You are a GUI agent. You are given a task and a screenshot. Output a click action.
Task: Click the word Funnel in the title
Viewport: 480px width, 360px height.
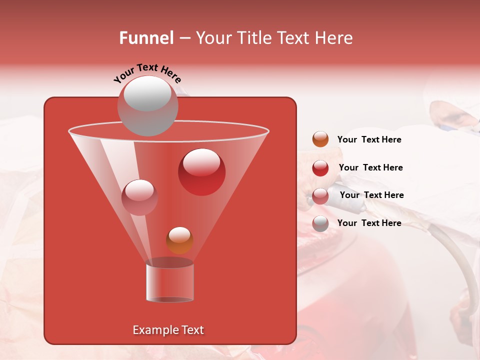point(146,38)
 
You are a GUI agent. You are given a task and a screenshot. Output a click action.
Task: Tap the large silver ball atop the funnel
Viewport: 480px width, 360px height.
point(148,105)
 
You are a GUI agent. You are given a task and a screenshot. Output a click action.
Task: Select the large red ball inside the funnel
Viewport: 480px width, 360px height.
point(201,172)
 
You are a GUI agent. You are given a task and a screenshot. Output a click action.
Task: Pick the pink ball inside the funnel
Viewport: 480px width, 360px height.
point(139,197)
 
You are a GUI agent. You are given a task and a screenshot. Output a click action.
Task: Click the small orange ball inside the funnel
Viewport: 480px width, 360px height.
point(179,240)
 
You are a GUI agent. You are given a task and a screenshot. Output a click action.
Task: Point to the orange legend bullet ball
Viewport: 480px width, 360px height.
point(320,139)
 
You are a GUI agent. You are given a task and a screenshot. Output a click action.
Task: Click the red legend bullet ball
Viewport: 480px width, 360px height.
point(320,167)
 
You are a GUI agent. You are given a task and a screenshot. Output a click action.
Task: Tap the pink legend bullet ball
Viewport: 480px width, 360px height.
point(320,195)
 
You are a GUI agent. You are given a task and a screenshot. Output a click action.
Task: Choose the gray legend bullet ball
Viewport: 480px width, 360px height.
point(320,223)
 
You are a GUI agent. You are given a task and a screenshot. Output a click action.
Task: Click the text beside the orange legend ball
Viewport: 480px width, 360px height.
point(369,140)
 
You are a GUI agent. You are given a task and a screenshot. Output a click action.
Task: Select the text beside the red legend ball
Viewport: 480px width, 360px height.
point(370,168)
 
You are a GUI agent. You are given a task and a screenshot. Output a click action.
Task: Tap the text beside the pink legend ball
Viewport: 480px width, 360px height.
point(371,195)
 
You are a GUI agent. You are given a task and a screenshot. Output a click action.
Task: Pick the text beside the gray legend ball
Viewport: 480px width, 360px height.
point(369,223)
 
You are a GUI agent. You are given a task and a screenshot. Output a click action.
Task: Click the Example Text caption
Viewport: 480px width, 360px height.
point(168,330)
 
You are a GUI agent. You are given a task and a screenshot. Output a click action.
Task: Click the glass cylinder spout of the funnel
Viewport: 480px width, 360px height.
point(170,282)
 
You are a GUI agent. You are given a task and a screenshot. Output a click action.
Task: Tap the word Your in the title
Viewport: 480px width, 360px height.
point(214,38)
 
